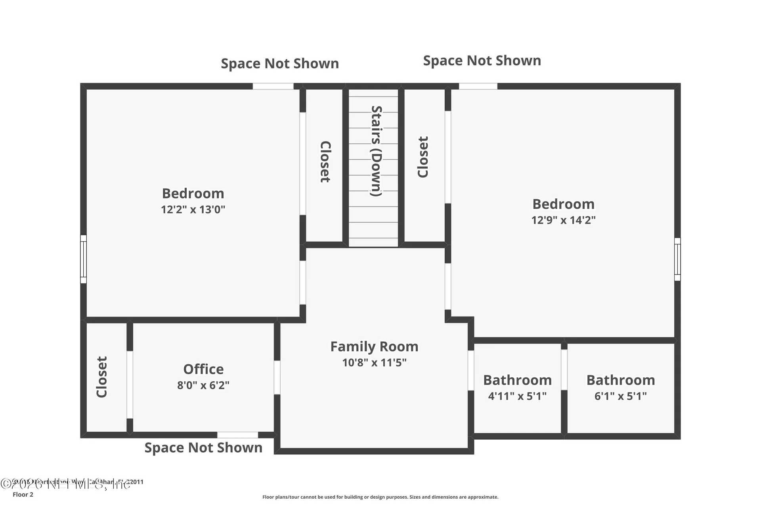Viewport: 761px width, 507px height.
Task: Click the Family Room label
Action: tap(374, 347)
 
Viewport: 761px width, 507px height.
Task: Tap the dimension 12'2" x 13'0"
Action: tap(193, 210)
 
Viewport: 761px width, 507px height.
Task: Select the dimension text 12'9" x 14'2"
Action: tap(563, 220)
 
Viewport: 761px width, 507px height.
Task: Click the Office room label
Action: tap(203, 369)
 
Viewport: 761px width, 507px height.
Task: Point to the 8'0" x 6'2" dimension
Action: tap(203, 385)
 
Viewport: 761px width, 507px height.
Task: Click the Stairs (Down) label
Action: tap(376, 151)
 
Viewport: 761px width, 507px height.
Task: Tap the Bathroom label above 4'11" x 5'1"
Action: tap(517, 380)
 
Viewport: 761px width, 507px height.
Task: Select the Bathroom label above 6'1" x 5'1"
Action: tap(620, 380)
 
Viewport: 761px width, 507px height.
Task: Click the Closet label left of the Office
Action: tap(102, 377)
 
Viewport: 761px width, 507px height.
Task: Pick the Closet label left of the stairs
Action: tap(325, 162)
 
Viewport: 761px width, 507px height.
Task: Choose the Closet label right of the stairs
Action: tap(423, 157)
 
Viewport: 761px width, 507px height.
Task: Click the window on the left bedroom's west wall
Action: tap(83, 259)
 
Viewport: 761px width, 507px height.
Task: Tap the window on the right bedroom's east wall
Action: tap(677, 259)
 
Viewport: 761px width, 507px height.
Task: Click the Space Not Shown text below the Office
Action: tap(203, 448)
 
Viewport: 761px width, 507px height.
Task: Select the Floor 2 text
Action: tap(23, 494)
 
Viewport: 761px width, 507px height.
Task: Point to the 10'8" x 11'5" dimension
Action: tap(374, 362)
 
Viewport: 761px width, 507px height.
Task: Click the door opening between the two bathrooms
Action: tap(564, 369)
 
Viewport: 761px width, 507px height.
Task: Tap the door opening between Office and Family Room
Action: tap(277, 377)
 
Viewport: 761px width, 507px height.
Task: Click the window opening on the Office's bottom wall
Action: tap(237, 435)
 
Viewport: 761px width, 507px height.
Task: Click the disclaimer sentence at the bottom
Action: tap(380, 497)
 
